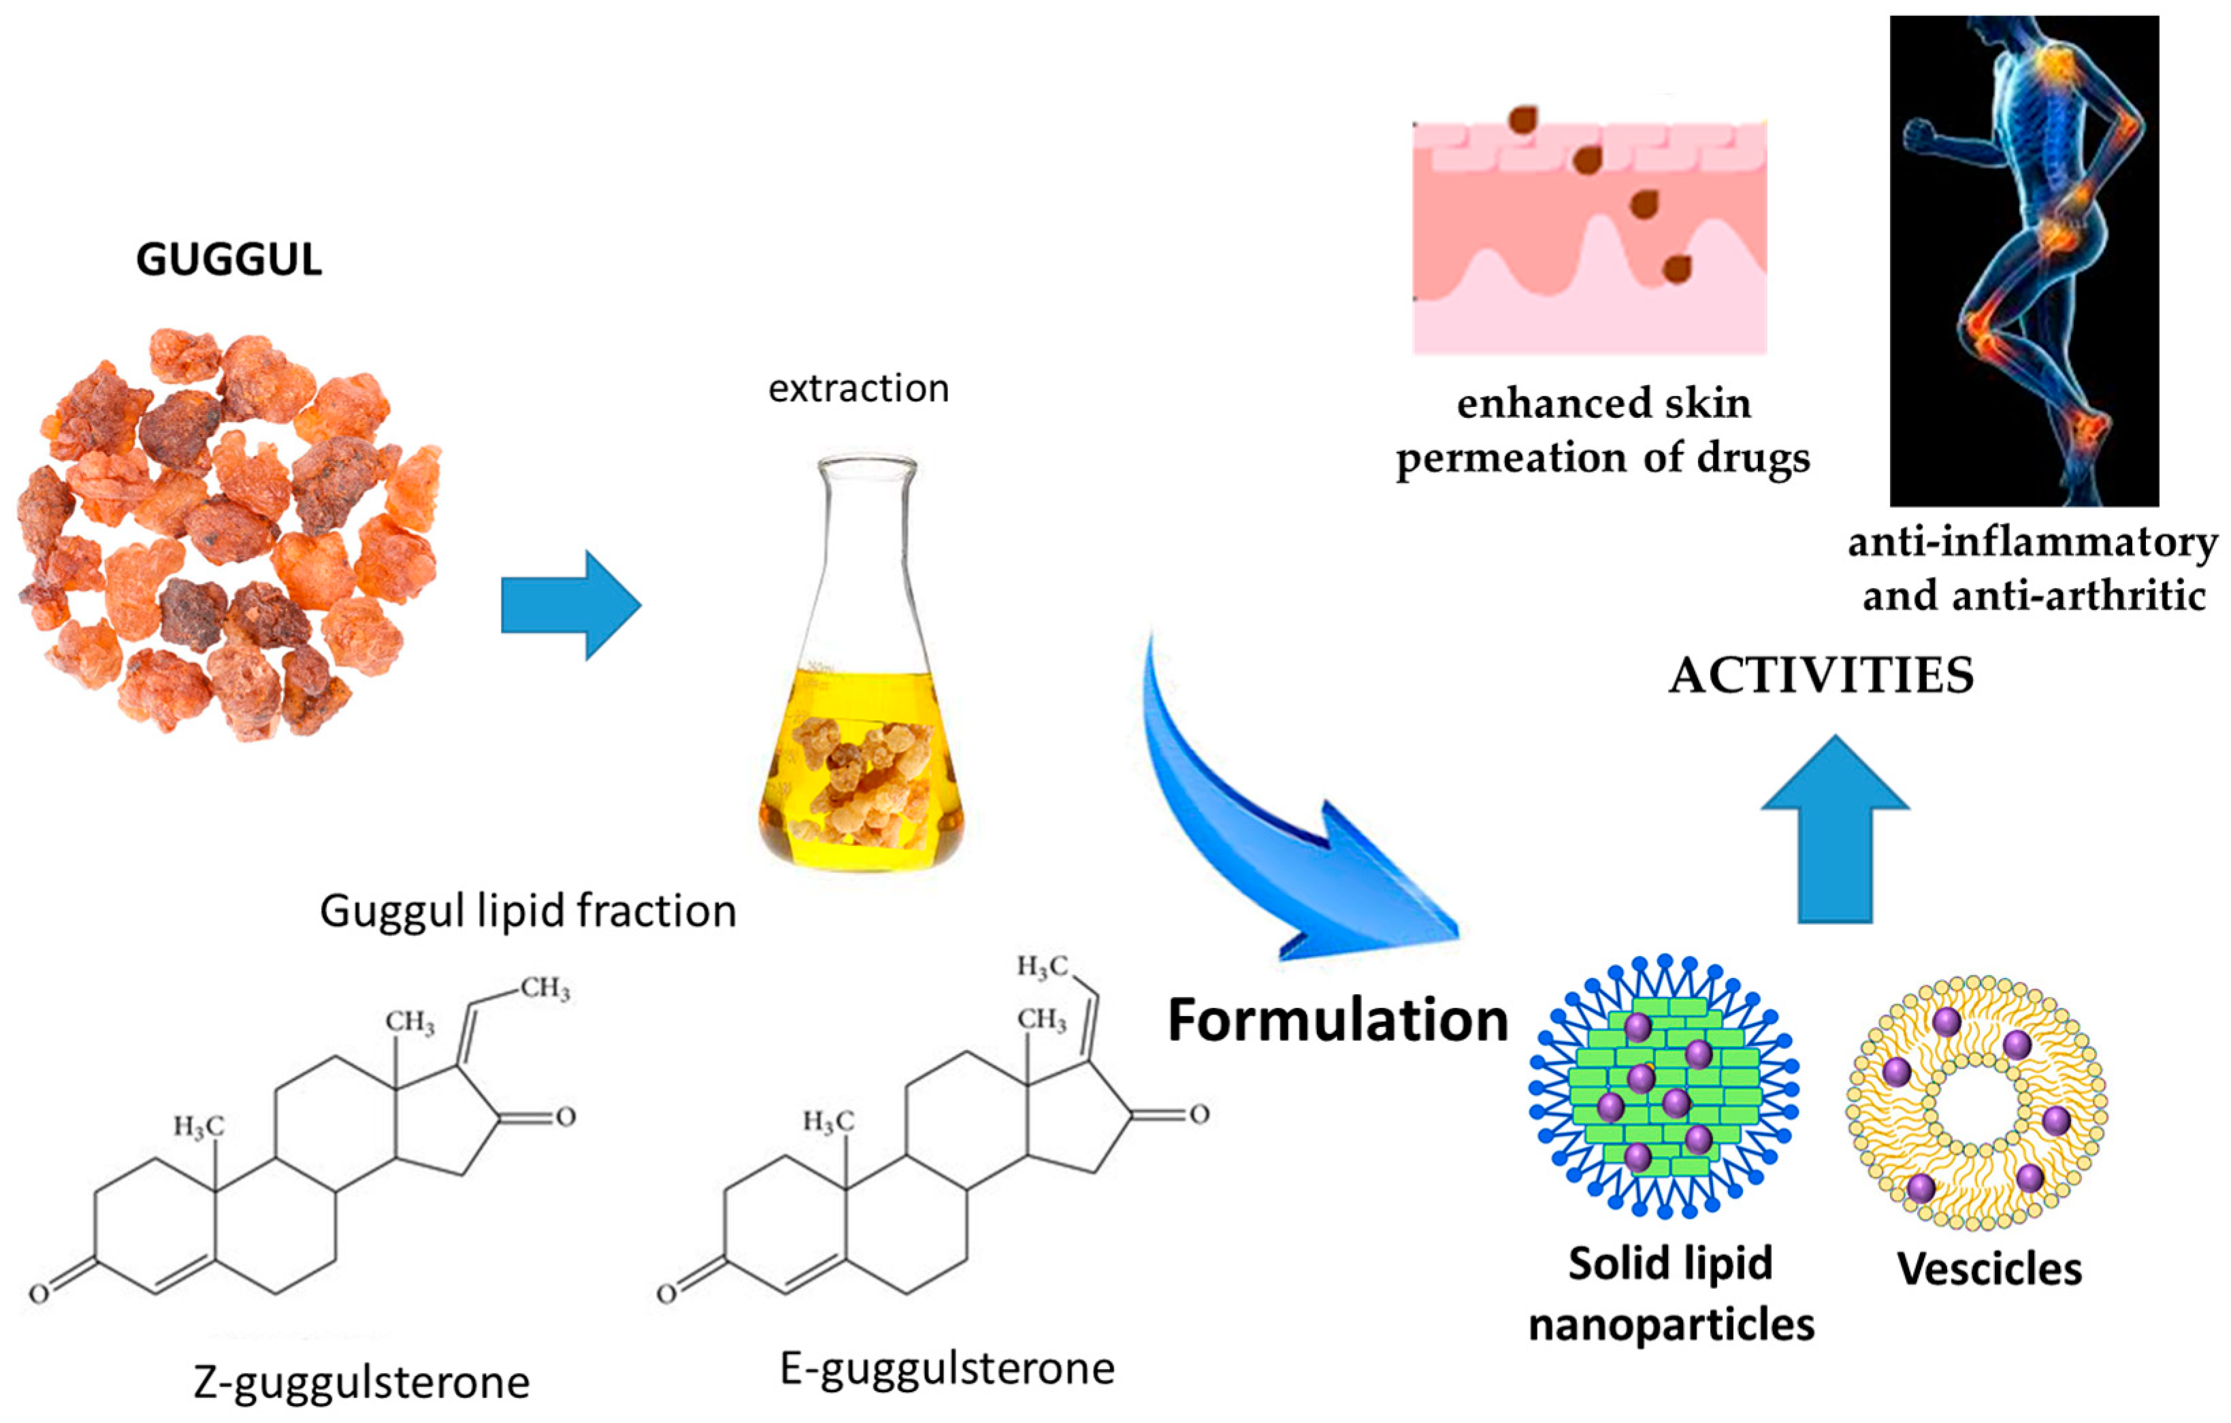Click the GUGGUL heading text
tap(229, 259)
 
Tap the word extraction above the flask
tap(859, 388)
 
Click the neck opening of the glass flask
tap(866, 464)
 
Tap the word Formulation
tap(1337, 1020)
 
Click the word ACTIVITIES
tap(1821, 675)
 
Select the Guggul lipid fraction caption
tap(528, 912)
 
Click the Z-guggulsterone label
tap(361, 1382)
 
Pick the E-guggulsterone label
tap(947, 1369)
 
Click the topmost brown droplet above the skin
tap(1521, 118)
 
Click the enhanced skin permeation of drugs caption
tap(1603, 431)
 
